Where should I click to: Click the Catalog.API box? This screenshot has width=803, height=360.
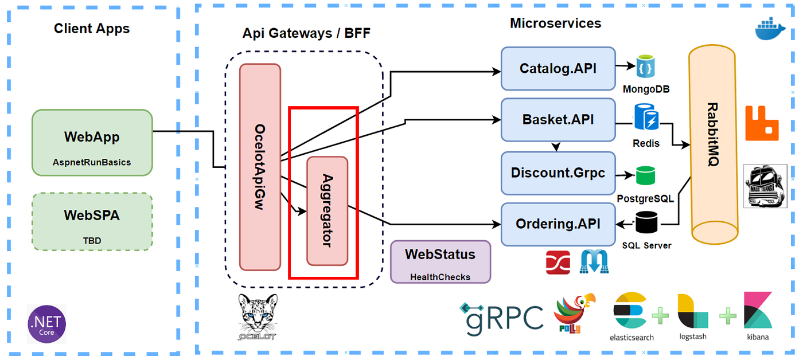(x=558, y=69)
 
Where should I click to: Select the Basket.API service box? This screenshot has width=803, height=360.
(x=558, y=120)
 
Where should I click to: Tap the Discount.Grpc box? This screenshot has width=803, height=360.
(x=558, y=173)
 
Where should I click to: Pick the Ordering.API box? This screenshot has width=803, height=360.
(x=558, y=224)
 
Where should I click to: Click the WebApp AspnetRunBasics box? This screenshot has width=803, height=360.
(x=92, y=143)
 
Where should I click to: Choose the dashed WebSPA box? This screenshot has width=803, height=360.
(x=92, y=222)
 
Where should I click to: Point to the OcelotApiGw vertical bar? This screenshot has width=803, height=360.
(x=260, y=167)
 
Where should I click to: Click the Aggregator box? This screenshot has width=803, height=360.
(x=328, y=211)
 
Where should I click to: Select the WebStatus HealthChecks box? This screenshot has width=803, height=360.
(x=441, y=261)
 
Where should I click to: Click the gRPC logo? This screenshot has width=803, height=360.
(x=501, y=317)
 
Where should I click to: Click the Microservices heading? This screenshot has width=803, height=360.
(x=555, y=24)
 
